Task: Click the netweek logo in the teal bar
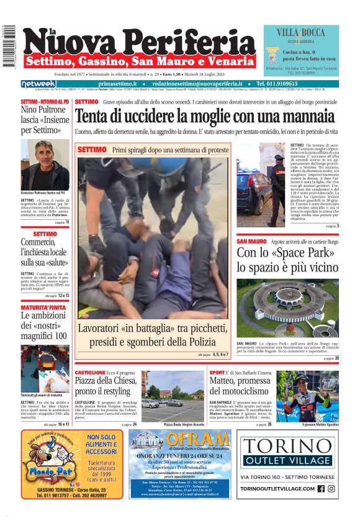pos(38,83)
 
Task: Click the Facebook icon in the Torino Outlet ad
pos(321,488)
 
